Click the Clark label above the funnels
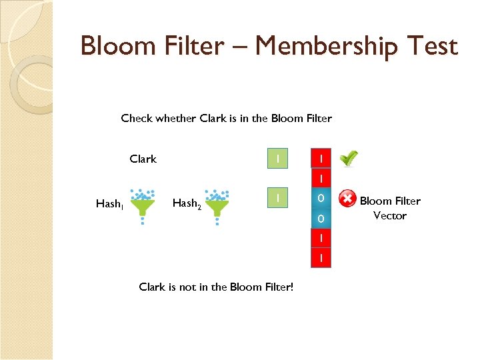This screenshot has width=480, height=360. coord(143,159)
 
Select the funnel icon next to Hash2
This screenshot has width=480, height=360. coord(216,206)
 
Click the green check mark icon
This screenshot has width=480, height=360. coord(347,159)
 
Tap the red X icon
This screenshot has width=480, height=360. coord(347,199)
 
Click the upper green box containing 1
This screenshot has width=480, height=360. coord(277,159)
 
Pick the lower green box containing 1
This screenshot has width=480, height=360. coord(277,198)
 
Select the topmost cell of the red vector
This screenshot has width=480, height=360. coord(321,159)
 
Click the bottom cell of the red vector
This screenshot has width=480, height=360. coord(321,257)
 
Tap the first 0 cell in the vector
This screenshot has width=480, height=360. coord(321,199)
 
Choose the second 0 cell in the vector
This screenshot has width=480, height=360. coord(321,219)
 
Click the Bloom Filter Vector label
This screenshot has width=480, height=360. coord(390,208)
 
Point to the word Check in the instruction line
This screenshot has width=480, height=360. coord(137,119)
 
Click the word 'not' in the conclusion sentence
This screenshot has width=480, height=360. coord(188,287)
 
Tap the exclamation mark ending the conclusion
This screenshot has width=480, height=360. coord(292,287)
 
